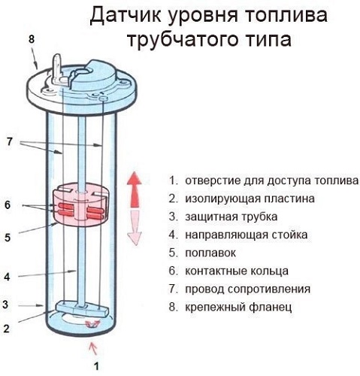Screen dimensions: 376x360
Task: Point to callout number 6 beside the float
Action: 7,205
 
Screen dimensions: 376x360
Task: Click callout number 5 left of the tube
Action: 7,237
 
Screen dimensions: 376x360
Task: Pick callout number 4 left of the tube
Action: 7,277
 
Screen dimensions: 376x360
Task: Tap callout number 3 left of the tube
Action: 7,305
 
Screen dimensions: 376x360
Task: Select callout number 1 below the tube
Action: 95,367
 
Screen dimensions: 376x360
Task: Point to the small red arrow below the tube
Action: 94,347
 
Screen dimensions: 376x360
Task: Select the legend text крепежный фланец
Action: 237,307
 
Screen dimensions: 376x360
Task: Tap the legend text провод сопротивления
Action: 247,289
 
